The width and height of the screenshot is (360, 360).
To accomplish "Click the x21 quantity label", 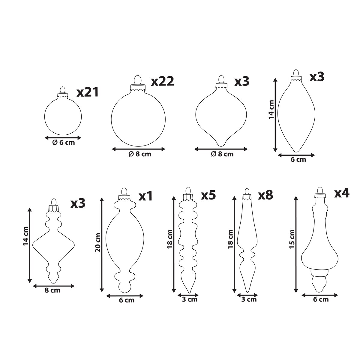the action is [87, 92].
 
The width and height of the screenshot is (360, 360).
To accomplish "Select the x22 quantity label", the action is [163, 81].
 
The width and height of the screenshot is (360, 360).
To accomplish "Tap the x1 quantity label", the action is [146, 196].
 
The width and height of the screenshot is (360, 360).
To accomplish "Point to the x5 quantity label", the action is [208, 194].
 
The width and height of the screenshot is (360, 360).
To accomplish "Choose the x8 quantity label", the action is [265, 195].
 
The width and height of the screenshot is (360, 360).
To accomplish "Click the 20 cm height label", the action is [98, 242].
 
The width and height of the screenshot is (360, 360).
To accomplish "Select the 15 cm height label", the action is [292, 239].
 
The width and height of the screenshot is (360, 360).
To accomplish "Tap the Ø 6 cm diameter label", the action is [64, 142].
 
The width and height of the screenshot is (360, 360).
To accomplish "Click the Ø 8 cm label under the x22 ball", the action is [140, 154].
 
